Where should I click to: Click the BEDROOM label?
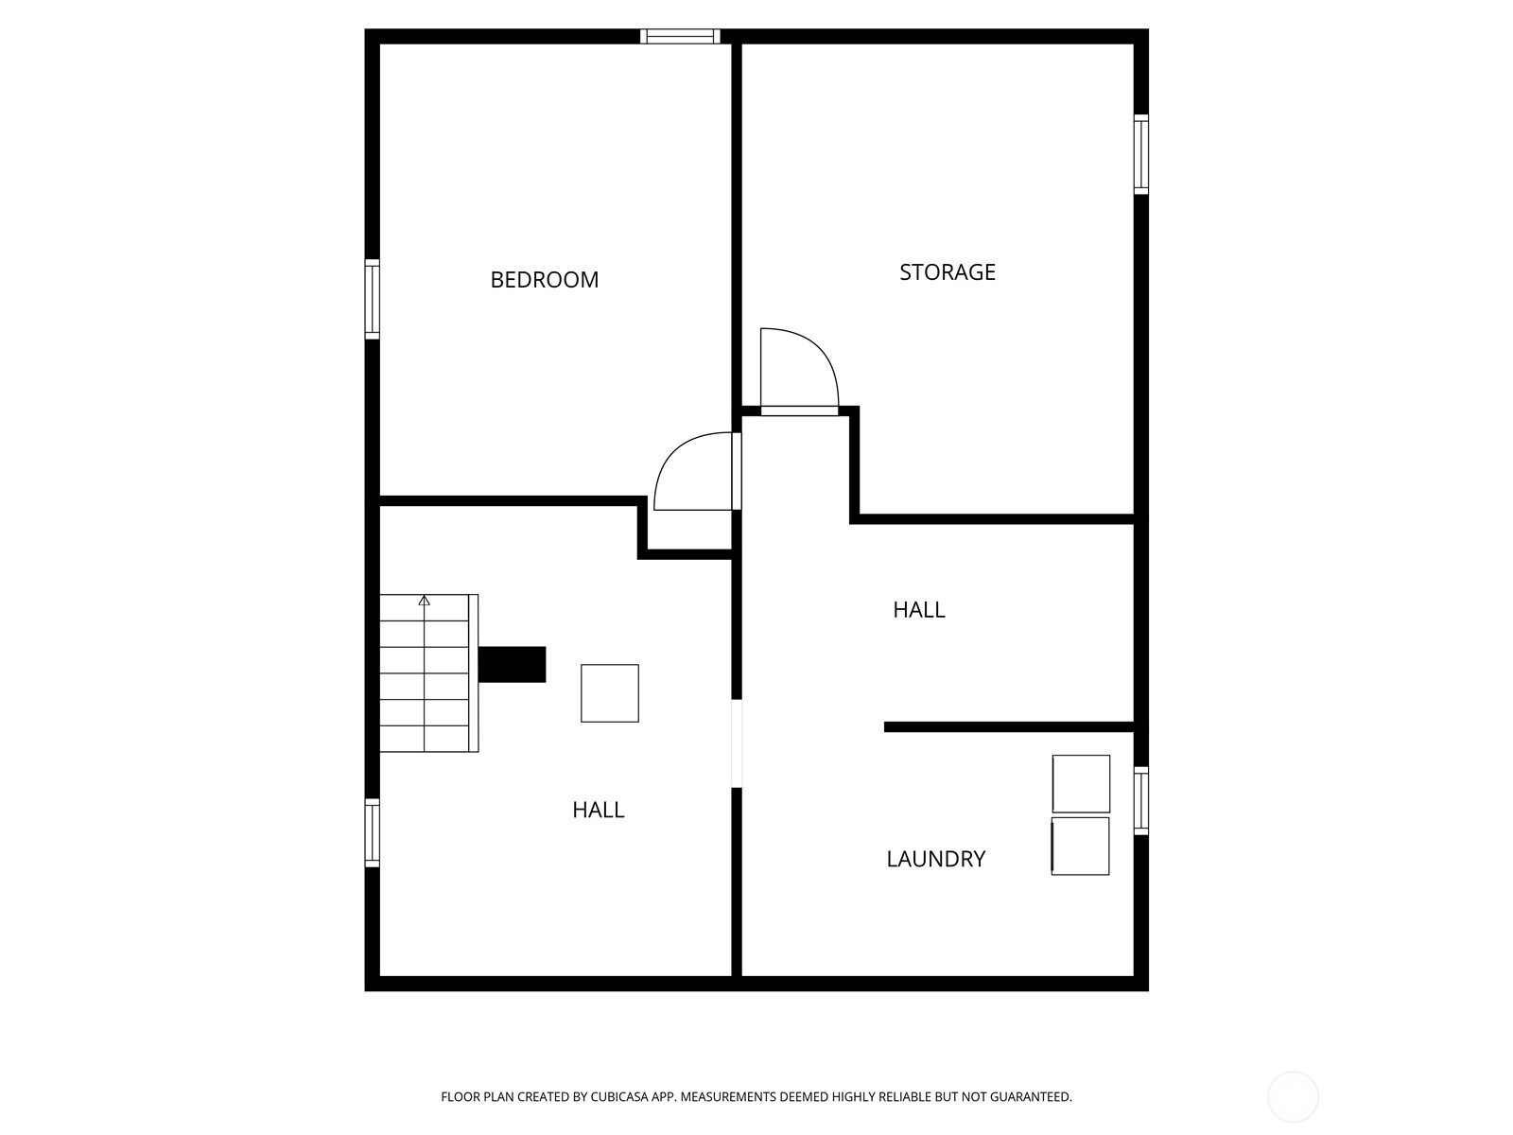pos(544,280)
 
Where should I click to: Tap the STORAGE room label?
pos(948,272)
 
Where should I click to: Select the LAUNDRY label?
pos(935,859)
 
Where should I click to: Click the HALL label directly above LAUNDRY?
pos(918,610)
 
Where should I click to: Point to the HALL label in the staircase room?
pos(598,810)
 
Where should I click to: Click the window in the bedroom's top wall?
pos(680,37)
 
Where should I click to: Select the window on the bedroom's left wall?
pos(373,299)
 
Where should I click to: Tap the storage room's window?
pos(1140,154)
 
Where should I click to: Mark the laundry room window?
pos(1140,801)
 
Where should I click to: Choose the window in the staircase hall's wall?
pos(373,832)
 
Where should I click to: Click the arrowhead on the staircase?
pos(424,601)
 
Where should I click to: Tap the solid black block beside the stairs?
pos(513,664)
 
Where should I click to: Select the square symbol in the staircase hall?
pos(609,693)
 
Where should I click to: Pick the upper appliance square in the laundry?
pos(1081,783)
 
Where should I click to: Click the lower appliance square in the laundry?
pos(1080,847)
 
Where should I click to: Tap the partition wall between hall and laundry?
pos(1009,726)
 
